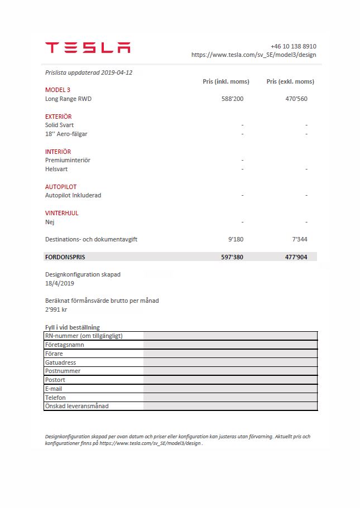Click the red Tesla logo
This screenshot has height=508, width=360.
(88, 47)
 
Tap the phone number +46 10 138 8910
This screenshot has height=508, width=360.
(293, 46)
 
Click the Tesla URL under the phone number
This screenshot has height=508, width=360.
(253, 55)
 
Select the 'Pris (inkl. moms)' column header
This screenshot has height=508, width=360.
(225, 81)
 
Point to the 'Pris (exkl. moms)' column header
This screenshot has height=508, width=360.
(290, 81)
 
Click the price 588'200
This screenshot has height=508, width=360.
(232, 99)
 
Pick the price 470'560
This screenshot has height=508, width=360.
(296, 99)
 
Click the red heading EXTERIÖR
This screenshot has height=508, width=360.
(58, 117)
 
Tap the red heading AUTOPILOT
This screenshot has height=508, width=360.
(61, 187)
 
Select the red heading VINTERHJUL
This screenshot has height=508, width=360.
(61, 213)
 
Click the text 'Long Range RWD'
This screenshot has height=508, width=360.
(68, 99)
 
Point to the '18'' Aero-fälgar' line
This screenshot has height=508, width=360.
(66, 134)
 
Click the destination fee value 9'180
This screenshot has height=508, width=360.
(236, 239)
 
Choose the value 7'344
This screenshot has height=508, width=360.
(299, 239)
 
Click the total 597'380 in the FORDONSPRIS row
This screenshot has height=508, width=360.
(232, 257)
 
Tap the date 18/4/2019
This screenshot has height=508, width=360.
(59, 283)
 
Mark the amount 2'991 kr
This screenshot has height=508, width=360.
(56, 309)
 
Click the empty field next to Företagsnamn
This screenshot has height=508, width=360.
(230, 345)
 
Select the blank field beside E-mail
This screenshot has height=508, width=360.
(230, 389)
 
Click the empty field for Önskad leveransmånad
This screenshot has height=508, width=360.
(230, 406)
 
